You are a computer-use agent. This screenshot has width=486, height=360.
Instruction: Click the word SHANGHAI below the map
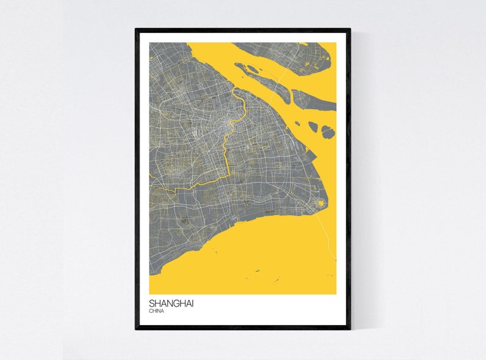[x=171, y=303]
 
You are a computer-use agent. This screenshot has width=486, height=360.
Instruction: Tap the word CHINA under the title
[x=157, y=312]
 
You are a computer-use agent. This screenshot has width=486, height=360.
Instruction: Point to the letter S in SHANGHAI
[x=152, y=303]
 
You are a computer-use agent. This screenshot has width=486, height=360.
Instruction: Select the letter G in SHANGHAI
[x=177, y=303]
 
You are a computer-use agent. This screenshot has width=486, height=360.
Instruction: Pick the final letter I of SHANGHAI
[x=192, y=303]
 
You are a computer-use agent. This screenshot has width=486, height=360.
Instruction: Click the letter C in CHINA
[x=151, y=312]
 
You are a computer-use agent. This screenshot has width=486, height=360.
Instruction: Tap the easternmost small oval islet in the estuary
[x=328, y=132]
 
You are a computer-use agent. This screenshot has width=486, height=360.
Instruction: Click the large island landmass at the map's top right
[x=288, y=54]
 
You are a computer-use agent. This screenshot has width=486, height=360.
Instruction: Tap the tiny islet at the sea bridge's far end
[x=335, y=260]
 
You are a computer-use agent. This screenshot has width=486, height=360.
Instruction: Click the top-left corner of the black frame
[x=136, y=29]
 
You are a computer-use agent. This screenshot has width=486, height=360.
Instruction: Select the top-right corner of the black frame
[x=350, y=29]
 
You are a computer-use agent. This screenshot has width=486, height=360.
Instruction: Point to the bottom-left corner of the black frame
[x=136, y=328]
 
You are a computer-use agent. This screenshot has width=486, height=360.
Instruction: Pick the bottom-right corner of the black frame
[x=350, y=328]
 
